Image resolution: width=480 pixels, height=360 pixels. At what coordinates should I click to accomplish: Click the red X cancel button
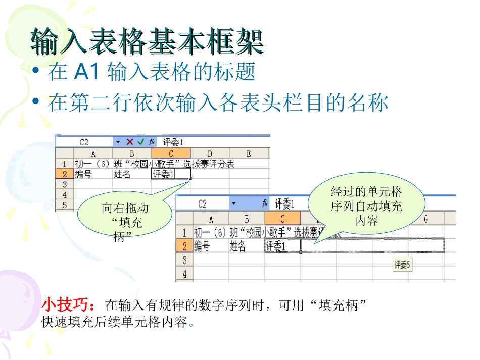130,142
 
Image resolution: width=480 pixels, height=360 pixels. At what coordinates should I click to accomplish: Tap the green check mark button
140,142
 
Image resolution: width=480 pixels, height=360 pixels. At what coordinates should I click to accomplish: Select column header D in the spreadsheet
210,153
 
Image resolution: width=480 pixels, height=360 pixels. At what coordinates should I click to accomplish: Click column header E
249,153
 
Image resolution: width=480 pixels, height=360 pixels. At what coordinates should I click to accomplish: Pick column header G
426,219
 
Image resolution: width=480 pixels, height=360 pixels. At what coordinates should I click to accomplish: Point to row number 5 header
64,205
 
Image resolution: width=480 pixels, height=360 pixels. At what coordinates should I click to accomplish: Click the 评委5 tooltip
403,264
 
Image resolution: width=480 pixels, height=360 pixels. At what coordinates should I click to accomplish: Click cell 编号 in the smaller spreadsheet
83,174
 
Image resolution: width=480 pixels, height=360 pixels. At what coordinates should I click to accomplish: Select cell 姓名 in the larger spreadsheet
237,246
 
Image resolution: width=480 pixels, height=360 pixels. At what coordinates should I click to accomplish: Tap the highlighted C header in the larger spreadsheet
282,219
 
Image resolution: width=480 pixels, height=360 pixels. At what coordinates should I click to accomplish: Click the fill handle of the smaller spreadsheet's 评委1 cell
190,179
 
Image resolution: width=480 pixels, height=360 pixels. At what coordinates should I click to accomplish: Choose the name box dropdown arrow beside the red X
118,142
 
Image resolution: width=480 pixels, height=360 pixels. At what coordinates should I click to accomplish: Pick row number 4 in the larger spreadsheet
184,274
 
